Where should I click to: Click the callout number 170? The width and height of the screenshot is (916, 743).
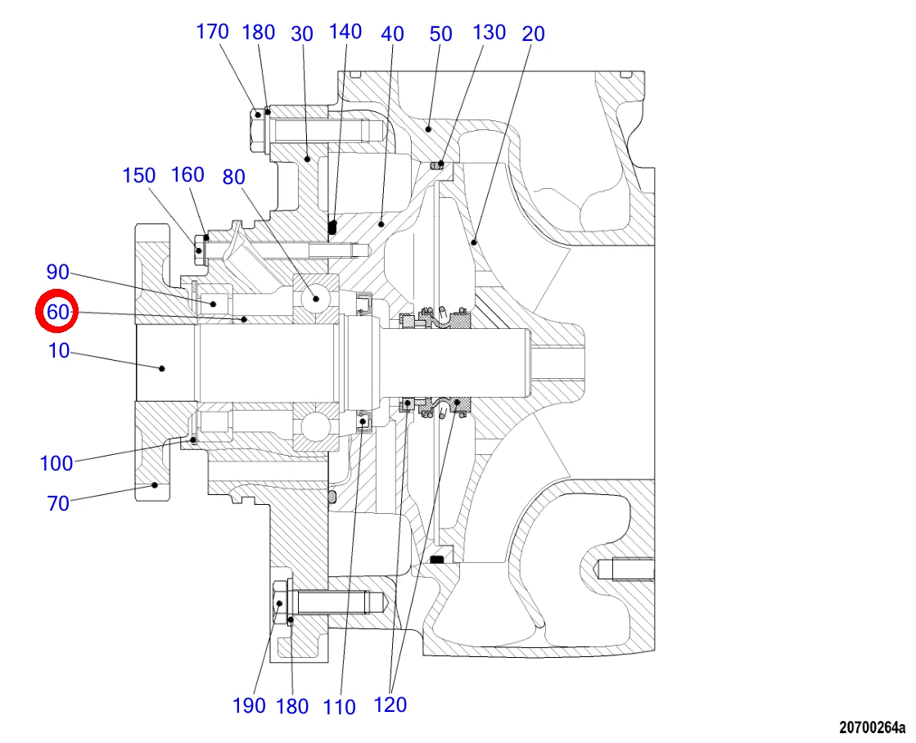pyautogui.click(x=212, y=32)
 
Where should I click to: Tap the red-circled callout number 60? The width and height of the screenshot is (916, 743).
pyautogui.click(x=58, y=312)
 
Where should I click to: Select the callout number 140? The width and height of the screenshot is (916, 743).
pyautogui.click(x=345, y=32)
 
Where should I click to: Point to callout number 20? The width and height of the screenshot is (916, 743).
pyautogui.click(x=534, y=34)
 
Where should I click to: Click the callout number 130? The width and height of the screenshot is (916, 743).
pyautogui.click(x=489, y=32)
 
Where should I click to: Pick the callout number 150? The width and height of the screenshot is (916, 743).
pyautogui.click(x=138, y=175)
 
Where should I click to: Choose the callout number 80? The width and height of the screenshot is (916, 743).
pyautogui.click(x=233, y=177)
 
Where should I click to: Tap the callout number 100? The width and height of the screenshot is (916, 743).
pyautogui.click(x=56, y=463)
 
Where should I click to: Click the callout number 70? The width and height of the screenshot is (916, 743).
pyautogui.click(x=58, y=503)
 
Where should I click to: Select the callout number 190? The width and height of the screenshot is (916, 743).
pyautogui.click(x=250, y=705)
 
